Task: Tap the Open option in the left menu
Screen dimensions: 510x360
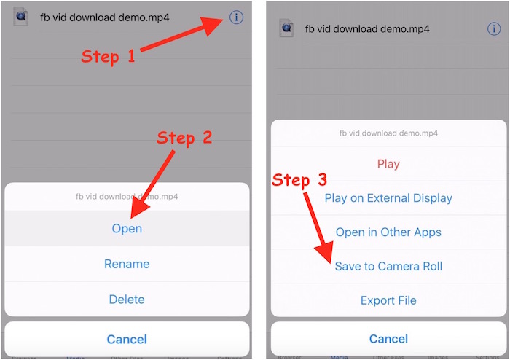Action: pos(127,228)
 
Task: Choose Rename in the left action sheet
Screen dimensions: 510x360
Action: pos(127,264)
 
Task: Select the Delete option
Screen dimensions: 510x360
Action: pos(127,300)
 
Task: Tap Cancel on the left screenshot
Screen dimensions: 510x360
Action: pos(127,339)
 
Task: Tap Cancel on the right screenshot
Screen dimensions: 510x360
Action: pos(388,339)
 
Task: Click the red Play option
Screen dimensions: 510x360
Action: pos(388,164)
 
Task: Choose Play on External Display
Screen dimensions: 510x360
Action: pos(388,198)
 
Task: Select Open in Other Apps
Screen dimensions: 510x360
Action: pos(388,232)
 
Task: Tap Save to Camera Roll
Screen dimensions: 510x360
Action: pos(388,266)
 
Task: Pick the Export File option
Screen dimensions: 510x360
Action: pos(388,300)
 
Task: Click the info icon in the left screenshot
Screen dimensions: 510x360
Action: pos(236,17)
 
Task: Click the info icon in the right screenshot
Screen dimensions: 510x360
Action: pos(494,29)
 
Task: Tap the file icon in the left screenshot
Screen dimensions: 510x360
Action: pos(21,17)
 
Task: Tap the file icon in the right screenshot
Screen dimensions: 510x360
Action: pos(286,28)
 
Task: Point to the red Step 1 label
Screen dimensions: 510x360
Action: pos(108,57)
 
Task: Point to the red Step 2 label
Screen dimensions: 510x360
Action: pos(184,138)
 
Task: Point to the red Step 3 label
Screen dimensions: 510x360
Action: pos(299,180)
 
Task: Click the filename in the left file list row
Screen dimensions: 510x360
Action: pos(105,17)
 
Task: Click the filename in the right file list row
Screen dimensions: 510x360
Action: pos(367,29)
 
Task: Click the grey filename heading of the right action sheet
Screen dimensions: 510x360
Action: pos(388,133)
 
